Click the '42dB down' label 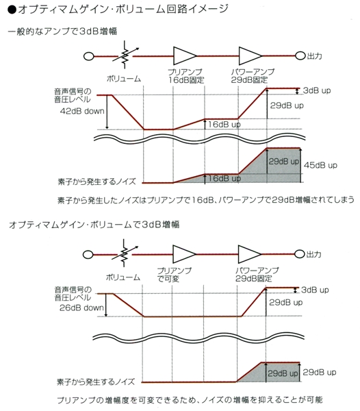[x=82, y=111]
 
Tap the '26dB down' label [x=81, y=308]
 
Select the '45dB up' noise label [x=320, y=165]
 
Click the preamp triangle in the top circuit [x=185, y=56]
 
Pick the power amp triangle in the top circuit [x=250, y=56]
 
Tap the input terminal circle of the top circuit [x=89, y=56]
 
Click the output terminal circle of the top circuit [x=300, y=56]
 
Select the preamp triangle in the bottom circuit [x=184, y=254]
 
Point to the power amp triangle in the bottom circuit [x=250, y=254]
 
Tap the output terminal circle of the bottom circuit [x=299, y=254]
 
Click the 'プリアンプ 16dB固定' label [x=185, y=76]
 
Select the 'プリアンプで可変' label [x=174, y=275]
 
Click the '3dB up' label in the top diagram [x=317, y=90]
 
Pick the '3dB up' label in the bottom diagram [x=315, y=290]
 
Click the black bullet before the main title [x=12, y=10]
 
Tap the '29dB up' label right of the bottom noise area [x=320, y=372]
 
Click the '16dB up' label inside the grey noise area [x=224, y=179]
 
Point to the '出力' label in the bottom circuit [x=313, y=254]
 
